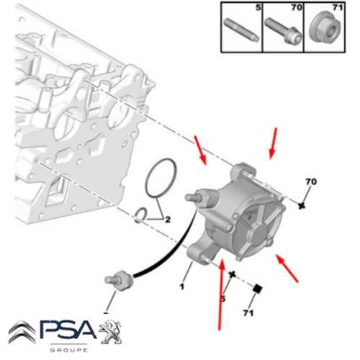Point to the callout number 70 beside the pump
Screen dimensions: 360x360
pos(311,181)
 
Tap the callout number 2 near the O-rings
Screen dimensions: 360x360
pos(167,219)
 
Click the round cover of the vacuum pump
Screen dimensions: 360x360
pos(256,223)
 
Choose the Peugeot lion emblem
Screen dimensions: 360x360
pos(112,333)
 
